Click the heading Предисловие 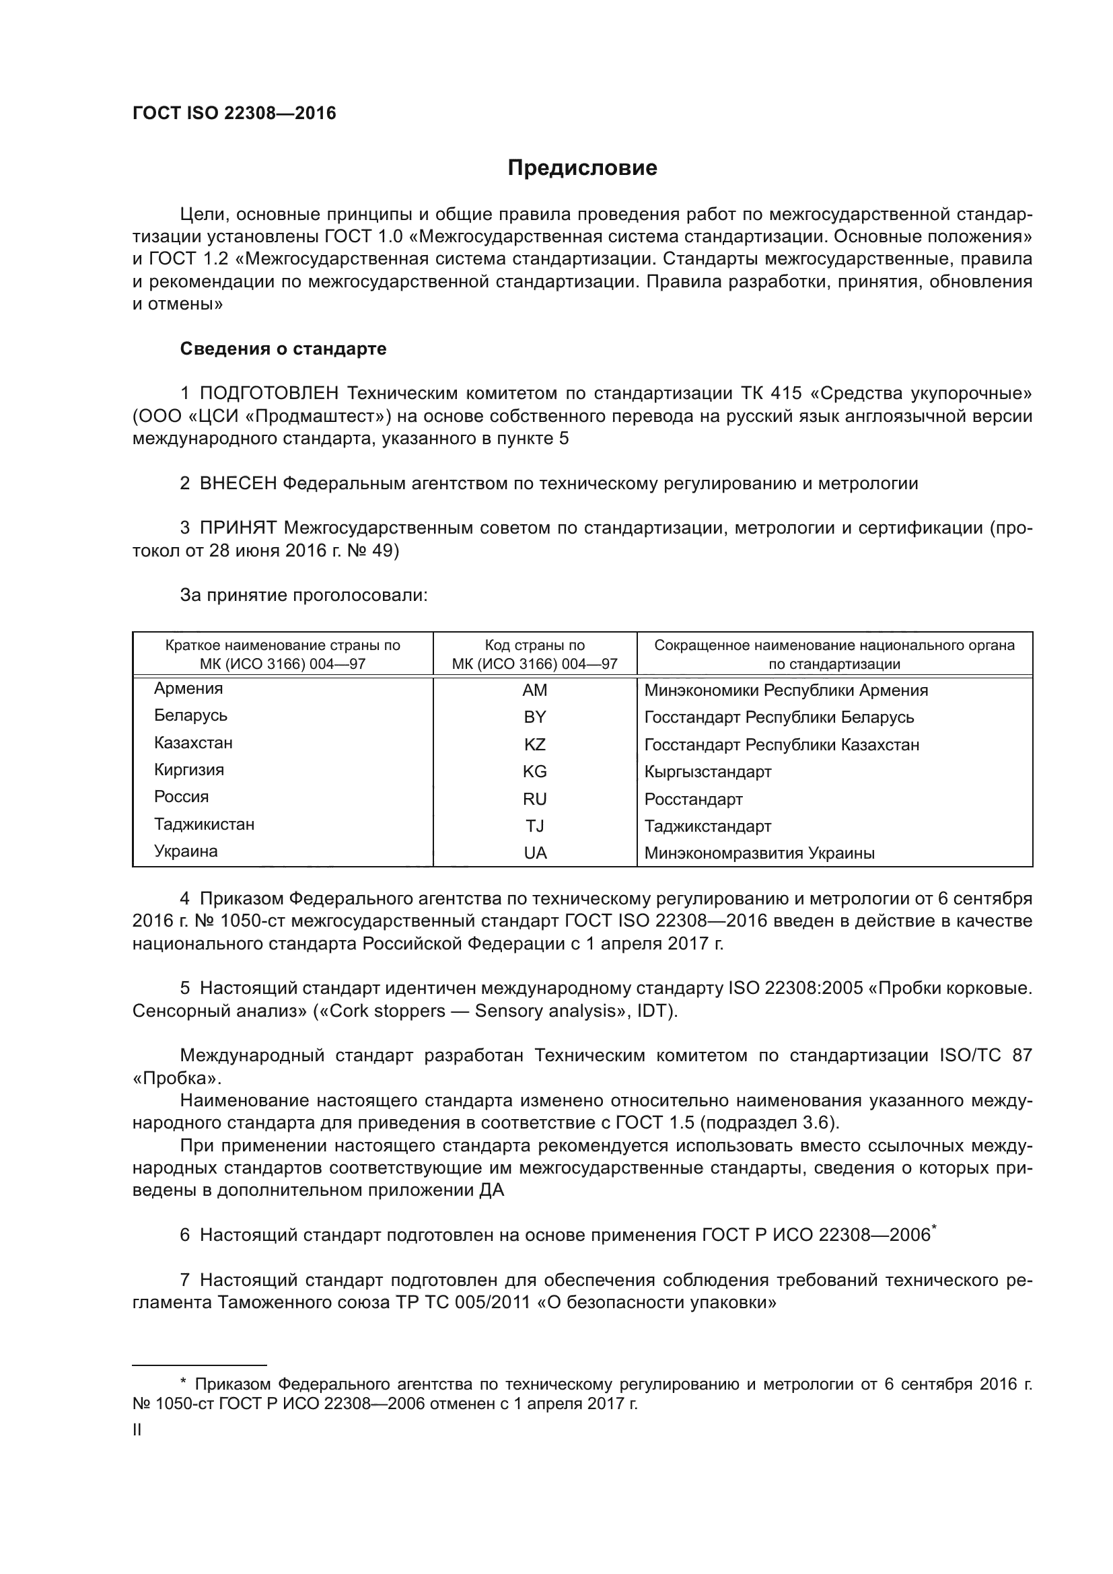coord(582,168)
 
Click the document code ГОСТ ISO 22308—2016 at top coord(234,114)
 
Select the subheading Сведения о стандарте coord(283,349)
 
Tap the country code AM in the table coord(534,690)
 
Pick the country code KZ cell coord(534,744)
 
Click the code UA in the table coord(534,853)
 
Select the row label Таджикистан coord(205,824)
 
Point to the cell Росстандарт coord(694,799)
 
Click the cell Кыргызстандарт coord(708,772)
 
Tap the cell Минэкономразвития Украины coord(759,853)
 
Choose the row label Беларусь coord(190,716)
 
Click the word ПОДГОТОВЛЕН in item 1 coord(268,394)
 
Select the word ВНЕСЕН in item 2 coord(238,483)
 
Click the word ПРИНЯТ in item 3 coord(238,528)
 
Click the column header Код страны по coord(534,645)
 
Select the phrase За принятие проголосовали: coord(303,595)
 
